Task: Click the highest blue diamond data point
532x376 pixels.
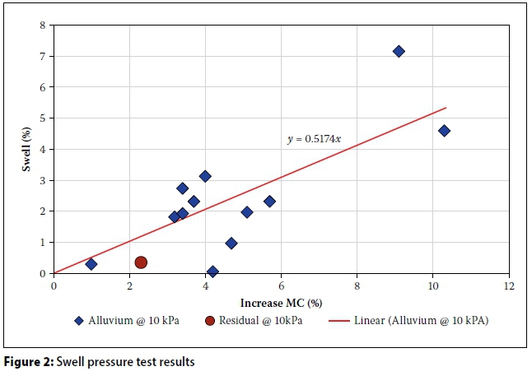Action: [399, 51]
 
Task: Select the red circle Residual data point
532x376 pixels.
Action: [141, 262]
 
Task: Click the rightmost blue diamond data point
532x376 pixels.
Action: [444, 131]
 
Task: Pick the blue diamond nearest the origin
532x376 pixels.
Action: [91, 264]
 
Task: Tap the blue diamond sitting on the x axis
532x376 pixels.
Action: [212, 272]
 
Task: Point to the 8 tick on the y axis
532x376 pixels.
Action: [43, 25]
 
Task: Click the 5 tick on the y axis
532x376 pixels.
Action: [43, 118]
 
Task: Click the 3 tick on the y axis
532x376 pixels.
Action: [43, 179]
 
